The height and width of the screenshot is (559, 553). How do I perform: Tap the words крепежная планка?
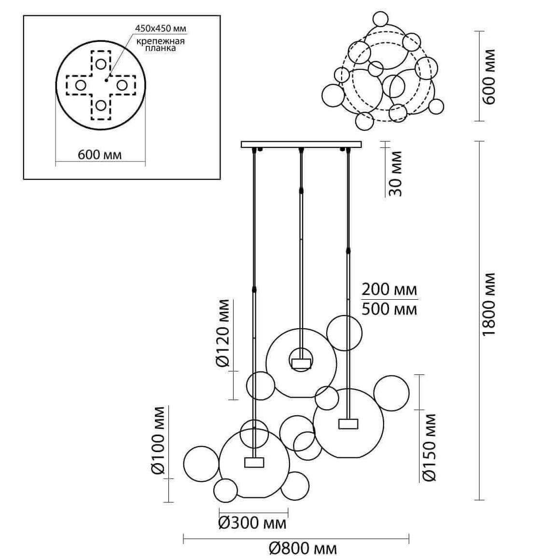(160, 44)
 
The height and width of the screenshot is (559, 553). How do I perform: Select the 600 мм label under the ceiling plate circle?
(100, 155)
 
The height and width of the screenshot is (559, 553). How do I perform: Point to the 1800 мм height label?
(489, 305)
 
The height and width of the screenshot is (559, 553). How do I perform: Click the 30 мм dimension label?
(395, 173)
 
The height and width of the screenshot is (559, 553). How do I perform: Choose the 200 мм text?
(389, 290)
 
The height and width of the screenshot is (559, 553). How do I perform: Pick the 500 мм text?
(389, 308)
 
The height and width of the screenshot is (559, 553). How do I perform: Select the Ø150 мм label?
(429, 447)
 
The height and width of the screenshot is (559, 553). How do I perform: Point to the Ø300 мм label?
(252, 523)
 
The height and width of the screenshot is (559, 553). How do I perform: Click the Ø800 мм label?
(303, 548)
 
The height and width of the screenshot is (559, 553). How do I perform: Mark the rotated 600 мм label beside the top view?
(489, 77)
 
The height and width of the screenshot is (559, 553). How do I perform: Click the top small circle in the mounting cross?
(100, 64)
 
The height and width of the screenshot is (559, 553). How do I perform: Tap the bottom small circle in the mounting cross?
(100, 106)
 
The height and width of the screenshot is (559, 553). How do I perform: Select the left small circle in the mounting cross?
(80, 85)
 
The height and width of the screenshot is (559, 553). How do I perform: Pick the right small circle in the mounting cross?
(122, 85)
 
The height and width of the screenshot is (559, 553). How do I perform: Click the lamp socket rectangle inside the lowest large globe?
(254, 462)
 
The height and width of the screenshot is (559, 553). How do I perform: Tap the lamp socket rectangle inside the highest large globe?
(301, 363)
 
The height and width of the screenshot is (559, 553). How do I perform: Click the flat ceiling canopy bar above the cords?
(301, 144)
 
